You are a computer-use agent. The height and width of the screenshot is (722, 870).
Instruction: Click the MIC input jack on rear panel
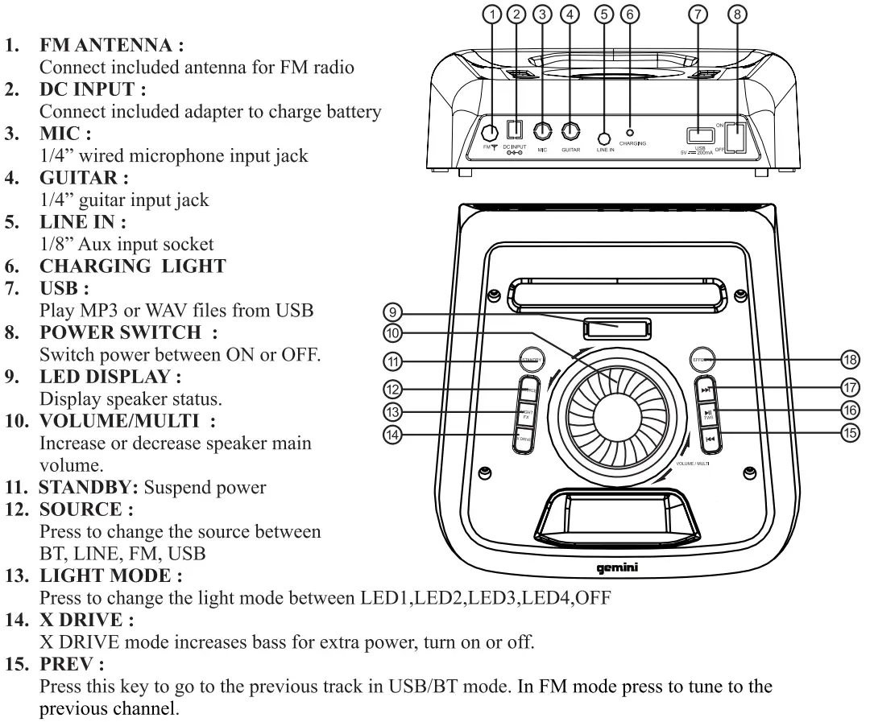point(543,131)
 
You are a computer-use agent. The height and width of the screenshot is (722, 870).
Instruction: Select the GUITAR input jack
point(572,131)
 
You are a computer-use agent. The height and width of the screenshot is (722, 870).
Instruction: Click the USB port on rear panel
point(698,134)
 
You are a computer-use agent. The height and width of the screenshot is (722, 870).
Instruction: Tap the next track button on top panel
point(706,390)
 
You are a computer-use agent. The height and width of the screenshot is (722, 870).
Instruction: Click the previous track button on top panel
point(709,439)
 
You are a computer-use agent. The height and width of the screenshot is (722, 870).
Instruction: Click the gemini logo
point(618,569)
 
